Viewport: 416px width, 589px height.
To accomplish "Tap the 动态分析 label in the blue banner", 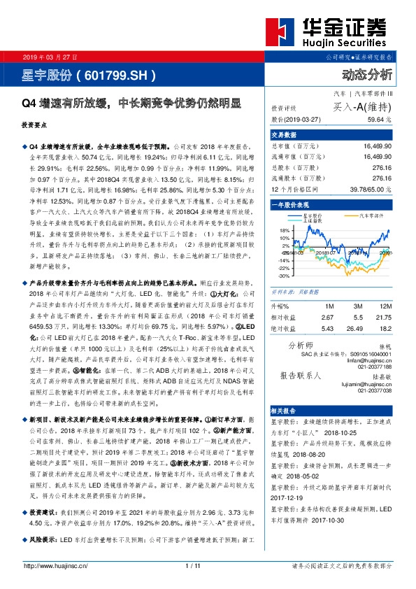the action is (x=367, y=74).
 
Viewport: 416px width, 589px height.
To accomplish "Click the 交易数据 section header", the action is (x=284, y=135).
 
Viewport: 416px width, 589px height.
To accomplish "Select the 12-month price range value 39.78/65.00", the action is (x=371, y=189).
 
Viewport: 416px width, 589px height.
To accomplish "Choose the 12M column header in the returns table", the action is (x=382, y=306).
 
